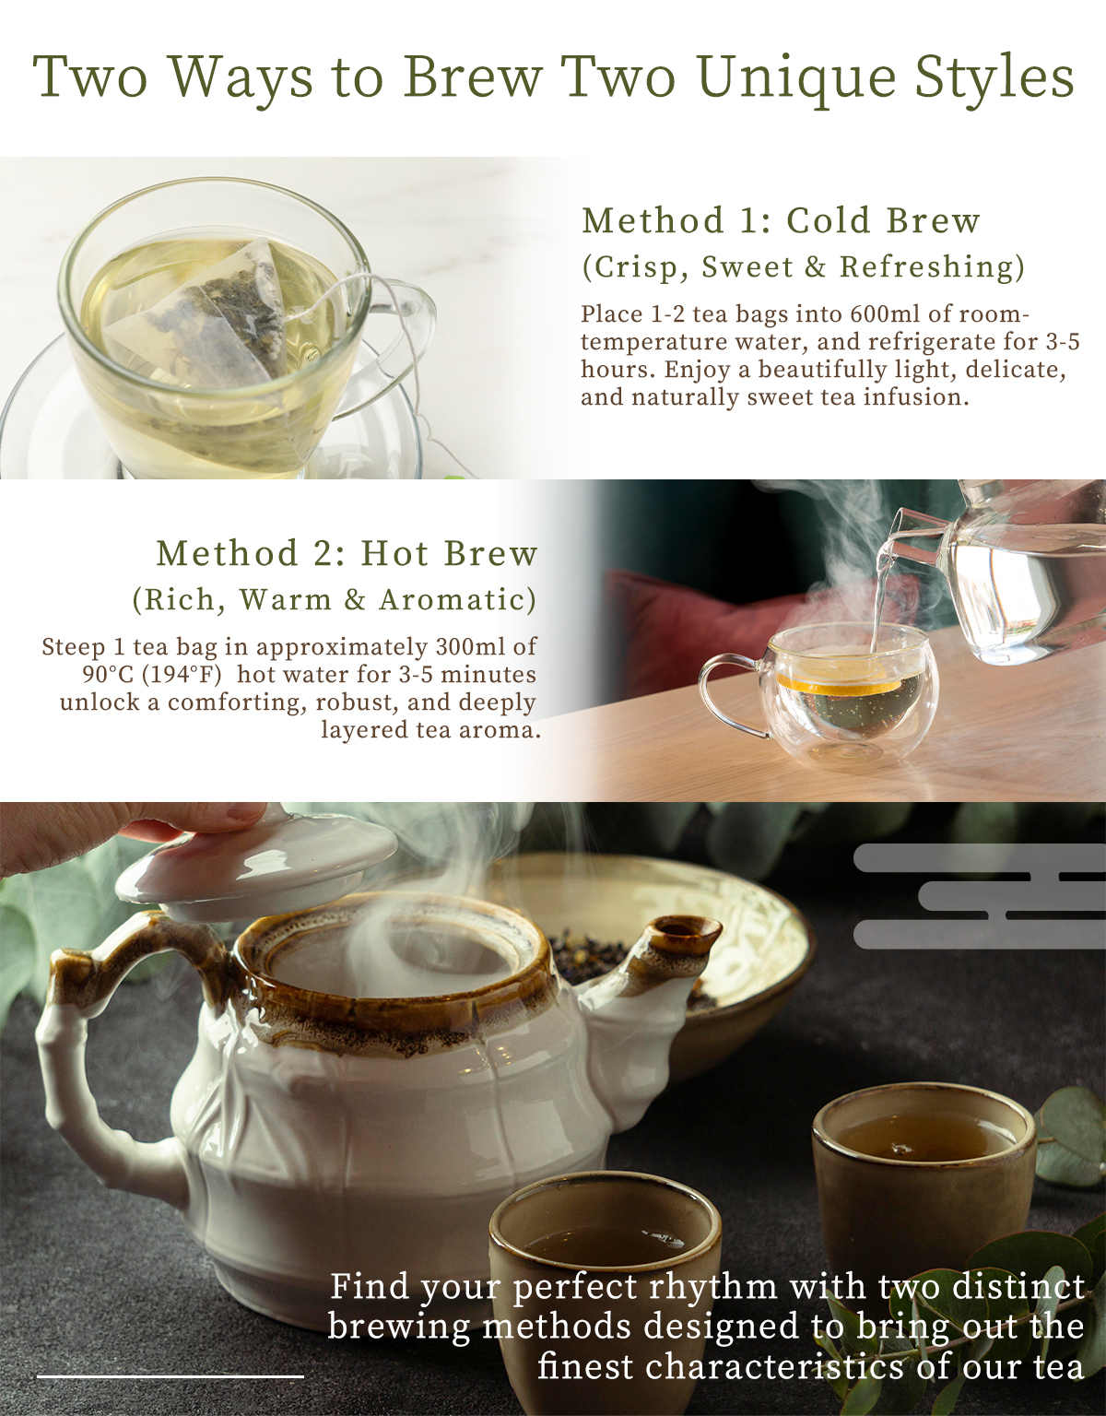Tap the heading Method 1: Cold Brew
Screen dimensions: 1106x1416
(x=781, y=220)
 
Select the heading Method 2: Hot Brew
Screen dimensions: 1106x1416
(x=347, y=553)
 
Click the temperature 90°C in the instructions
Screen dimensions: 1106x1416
(x=108, y=675)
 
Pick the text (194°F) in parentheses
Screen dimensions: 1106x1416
(x=182, y=675)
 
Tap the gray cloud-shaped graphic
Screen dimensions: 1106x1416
(x=980, y=895)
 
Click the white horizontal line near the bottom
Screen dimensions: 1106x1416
(x=171, y=1375)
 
